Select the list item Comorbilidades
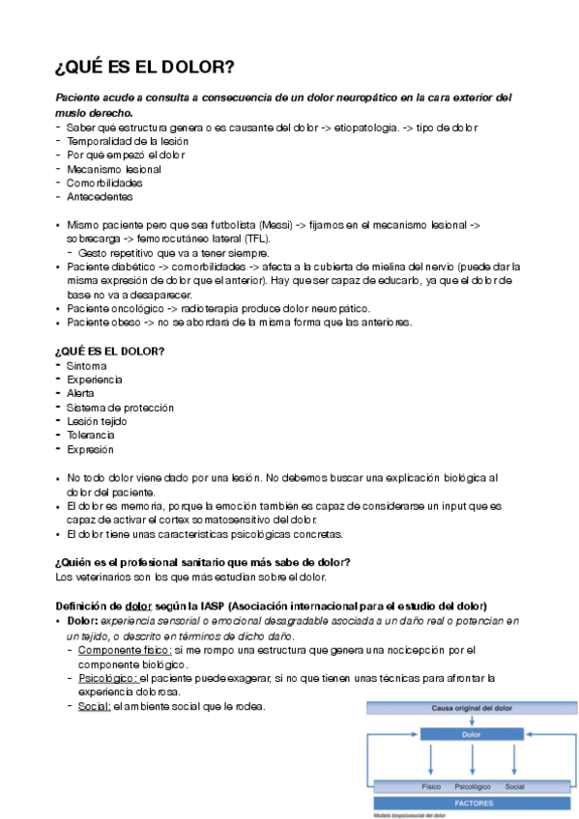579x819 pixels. pyautogui.click(x=103, y=183)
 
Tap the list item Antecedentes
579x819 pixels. pyautogui.click(x=100, y=197)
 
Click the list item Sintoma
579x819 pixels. pyautogui.click(x=86, y=366)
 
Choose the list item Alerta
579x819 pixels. pyautogui.click(x=80, y=393)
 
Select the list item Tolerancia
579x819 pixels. pyautogui.click(x=91, y=435)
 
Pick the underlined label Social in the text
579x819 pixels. pyautogui.click(x=95, y=706)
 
